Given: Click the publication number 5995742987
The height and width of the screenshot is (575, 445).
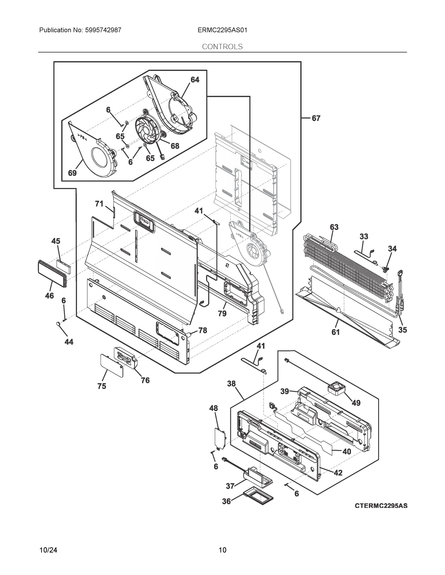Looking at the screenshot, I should click(103, 30).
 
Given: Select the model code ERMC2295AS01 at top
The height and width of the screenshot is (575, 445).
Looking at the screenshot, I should click(222, 30).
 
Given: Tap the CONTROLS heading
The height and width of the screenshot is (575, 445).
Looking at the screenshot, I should click(222, 47).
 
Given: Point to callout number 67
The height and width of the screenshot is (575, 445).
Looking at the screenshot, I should click(316, 119).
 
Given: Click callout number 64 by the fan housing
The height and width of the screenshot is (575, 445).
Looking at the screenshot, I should click(195, 80).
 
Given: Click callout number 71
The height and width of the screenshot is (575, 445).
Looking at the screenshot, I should click(99, 204).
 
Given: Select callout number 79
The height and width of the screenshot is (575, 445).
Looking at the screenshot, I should click(222, 313).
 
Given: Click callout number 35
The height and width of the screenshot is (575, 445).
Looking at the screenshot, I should click(402, 330).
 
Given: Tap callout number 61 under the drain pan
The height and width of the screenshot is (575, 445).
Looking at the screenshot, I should click(335, 332).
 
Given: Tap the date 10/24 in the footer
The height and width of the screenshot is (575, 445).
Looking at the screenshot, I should click(48, 550).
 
